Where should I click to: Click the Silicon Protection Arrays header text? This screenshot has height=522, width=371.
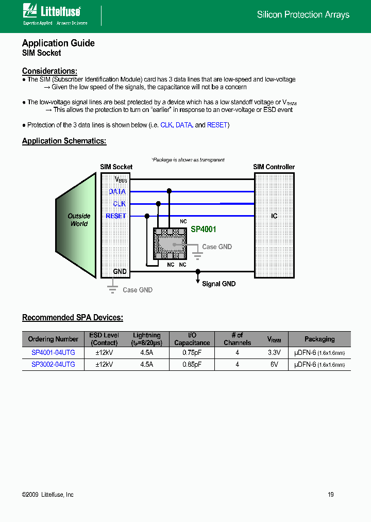(x=303, y=15)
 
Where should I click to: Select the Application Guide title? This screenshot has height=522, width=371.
(x=58, y=43)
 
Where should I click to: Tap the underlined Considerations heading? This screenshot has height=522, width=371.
(x=49, y=71)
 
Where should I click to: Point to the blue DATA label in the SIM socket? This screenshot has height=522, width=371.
(x=117, y=191)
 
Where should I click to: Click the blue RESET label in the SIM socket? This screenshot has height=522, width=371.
(x=116, y=216)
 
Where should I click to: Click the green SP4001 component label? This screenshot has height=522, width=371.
(x=204, y=229)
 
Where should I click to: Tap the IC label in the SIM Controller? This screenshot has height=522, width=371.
(x=274, y=216)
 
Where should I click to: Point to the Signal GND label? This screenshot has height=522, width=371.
(x=218, y=284)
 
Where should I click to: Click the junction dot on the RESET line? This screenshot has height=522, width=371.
(x=147, y=216)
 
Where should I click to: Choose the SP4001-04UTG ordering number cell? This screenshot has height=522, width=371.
(x=53, y=353)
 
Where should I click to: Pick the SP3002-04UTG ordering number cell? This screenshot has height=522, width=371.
(x=53, y=364)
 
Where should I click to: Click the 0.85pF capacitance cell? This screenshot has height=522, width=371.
(x=192, y=364)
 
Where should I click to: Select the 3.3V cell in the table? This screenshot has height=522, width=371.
(x=274, y=353)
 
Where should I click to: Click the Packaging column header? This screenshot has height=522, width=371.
(x=319, y=339)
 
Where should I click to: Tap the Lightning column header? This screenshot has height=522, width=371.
(x=147, y=339)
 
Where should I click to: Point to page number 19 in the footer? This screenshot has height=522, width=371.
(x=331, y=495)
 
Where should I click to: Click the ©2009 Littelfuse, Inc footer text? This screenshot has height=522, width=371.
(x=48, y=495)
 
